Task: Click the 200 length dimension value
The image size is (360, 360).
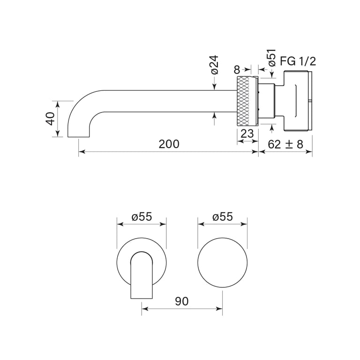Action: [x=169, y=144]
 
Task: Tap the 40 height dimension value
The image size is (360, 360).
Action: [x=50, y=119]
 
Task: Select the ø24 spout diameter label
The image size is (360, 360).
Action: [x=214, y=65]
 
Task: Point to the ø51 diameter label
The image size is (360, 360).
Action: [x=271, y=58]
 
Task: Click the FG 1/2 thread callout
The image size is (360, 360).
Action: [x=298, y=61]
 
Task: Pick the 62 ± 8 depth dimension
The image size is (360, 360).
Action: [x=285, y=144]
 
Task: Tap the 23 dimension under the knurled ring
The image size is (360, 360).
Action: [x=247, y=134]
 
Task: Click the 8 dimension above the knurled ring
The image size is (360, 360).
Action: [x=237, y=70]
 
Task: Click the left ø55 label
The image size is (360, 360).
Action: [x=142, y=217]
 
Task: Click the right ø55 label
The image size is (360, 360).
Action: [x=222, y=217]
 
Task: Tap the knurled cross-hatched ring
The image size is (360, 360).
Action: [x=247, y=101]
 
